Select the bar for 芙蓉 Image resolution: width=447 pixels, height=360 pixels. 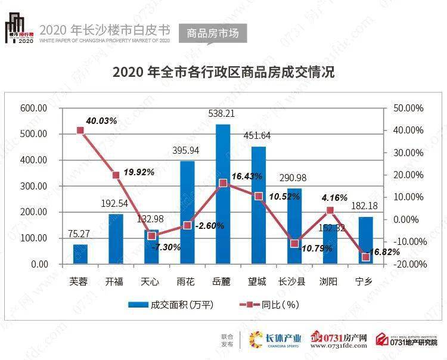coord(80,254)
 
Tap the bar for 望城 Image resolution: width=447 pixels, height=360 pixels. coord(258,205)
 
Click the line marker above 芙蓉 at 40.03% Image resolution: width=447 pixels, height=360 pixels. coord(80,131)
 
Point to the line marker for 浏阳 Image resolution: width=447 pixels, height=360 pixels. coord(330,210)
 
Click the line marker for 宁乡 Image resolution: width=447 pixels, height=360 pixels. coord(365,257)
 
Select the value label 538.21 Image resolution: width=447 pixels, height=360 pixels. coord(222,113)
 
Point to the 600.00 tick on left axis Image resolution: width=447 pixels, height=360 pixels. coord(33,108)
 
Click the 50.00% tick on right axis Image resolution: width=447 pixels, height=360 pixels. coord(408,108)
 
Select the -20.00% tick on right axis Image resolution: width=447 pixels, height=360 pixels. coord(408,264)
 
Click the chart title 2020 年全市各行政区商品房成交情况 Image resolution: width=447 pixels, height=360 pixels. coord(223,73)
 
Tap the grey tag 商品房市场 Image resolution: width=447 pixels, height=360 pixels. coord(212,33)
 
